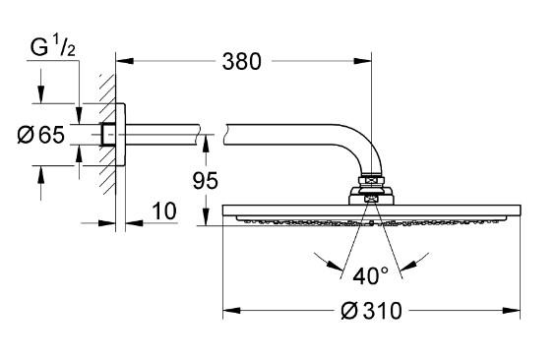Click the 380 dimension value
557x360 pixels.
241,62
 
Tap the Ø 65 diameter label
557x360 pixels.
45,134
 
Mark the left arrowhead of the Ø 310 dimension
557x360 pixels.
229,312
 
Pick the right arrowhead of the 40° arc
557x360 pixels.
423,263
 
